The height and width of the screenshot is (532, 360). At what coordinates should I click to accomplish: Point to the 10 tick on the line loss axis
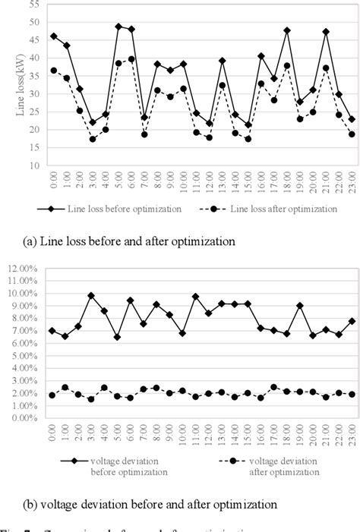[x=34, y=165]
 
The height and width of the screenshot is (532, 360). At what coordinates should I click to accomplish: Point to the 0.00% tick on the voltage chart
[x=29, y=417]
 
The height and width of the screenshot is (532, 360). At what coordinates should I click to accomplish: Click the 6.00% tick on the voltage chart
[x=29, y=344]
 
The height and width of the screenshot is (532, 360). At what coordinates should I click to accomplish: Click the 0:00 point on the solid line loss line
[x=53, y=36]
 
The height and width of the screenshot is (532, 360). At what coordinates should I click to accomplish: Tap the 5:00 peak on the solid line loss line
[x=118, y=27]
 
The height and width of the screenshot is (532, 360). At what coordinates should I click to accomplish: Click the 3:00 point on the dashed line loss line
[x=93, y=139]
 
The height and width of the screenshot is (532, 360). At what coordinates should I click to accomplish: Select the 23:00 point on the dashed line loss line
[x=352, y=134]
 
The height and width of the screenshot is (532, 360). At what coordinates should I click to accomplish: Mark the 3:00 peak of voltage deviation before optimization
[x=93, y=296]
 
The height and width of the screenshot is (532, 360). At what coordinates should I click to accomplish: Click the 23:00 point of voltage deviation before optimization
[x=352, y=321]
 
